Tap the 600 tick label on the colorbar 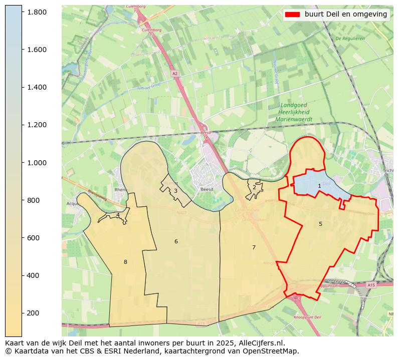pyautogui.click(x=37, y=238)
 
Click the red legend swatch pyautogui.click(x=292, y=15)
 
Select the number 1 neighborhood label pyautogui.click(x=319, y=186)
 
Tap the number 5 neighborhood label pyautogui.click(x=320, y=224)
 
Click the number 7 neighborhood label pyautogui.click(x=254, y=247)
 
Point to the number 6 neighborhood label pyautogui.click(x=176, y=241)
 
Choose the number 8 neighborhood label pyautogui.click(x=125, y=262)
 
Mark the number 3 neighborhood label pyautogui.click(x=175, y=191)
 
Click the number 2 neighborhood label pyautogui.click(x=254, y=187)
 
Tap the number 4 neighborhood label pyautogui.click(x=118, y=215)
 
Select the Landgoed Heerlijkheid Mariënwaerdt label pyautogui.click(x=294, y=113)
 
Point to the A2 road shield pyautogui.click(x=174, y=74)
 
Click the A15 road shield pyautogui.click(x=370, y=285)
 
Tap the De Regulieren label pyautogui.click(x=350, y=38)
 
